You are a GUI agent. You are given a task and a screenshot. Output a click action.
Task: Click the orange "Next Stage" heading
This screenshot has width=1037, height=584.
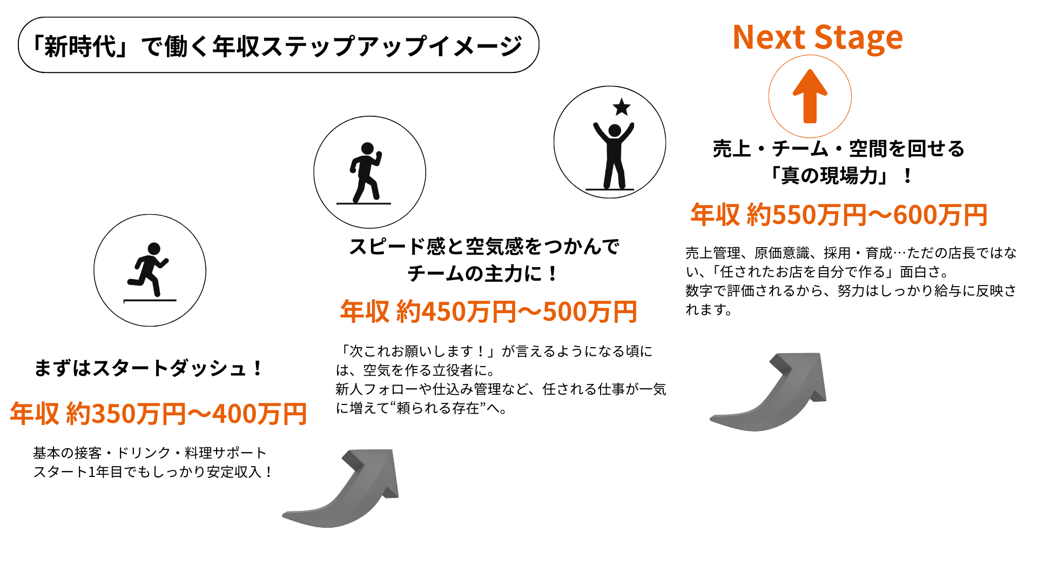pos(818,37)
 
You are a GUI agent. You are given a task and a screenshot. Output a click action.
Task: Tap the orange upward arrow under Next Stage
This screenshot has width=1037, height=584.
pos(810,96)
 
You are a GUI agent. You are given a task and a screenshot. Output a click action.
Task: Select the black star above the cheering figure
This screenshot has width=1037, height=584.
pos(622,107)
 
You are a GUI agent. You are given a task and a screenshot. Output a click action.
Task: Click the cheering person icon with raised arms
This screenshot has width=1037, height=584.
pos(614,156)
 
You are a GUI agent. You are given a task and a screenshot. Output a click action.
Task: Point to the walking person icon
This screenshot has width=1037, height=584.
pos(366,172)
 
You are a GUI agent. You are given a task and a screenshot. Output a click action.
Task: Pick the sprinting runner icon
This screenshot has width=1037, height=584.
pos(148,269)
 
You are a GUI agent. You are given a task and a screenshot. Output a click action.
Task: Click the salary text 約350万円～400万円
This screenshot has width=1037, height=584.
pos(186,414)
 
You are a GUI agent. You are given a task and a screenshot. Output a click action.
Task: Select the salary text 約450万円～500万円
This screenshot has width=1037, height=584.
pos(517,312)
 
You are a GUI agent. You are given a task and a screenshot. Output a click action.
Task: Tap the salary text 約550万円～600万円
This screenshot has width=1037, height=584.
pos(867,215)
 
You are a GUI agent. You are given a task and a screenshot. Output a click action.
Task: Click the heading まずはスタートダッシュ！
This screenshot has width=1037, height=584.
pos(149,368)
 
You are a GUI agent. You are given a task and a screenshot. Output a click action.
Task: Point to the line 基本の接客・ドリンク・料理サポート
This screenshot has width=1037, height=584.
pos(150,453)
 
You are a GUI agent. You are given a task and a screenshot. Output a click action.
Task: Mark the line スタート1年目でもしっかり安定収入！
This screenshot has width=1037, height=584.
pos(153,472)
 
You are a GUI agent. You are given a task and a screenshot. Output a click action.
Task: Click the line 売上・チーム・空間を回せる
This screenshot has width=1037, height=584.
pos(839,149)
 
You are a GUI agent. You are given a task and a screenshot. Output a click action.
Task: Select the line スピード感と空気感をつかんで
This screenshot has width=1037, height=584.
pos(484,247)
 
